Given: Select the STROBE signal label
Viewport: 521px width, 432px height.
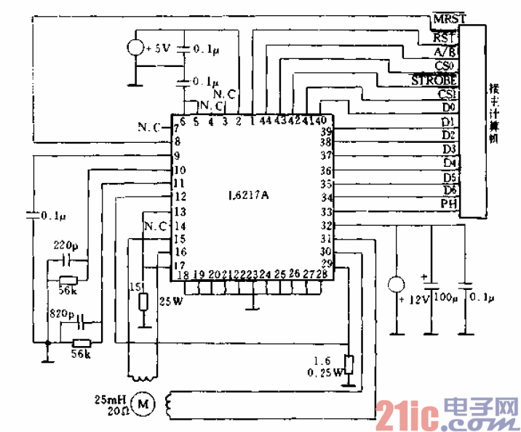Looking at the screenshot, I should click(x=434, y=79).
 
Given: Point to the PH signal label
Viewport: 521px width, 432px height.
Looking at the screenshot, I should click(x=448, y=203).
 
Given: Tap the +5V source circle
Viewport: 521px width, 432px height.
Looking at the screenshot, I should click(x=136, y=49).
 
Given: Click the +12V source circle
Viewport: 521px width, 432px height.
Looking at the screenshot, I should click(x=397, y=284).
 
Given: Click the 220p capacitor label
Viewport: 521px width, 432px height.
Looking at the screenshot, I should click(x=64, y=246).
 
